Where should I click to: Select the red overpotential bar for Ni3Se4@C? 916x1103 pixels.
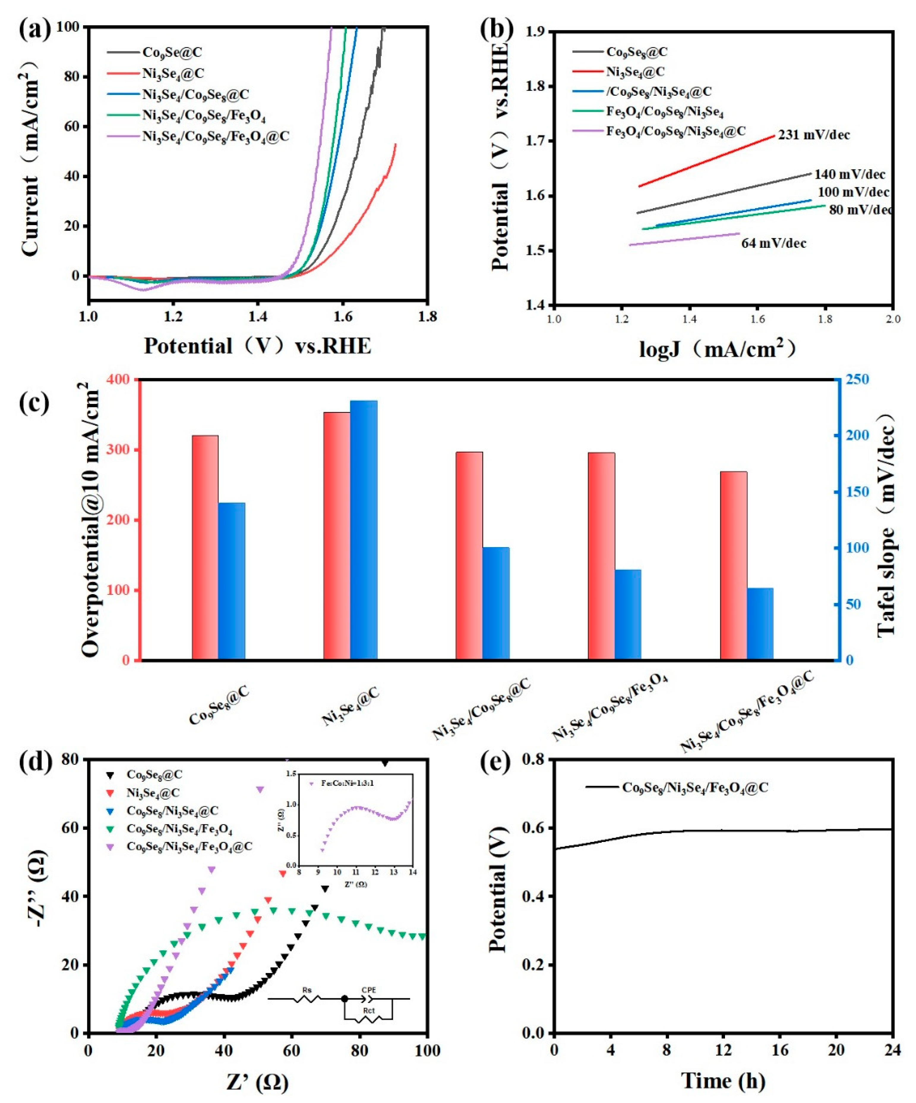click(x=337, y=536)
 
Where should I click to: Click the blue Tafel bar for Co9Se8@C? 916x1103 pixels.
click(x=232, y=581)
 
